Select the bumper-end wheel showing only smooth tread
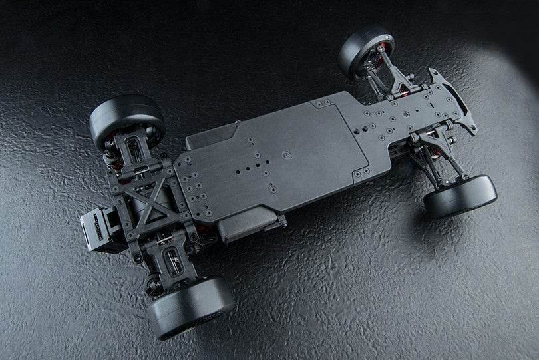[x=460, y=196]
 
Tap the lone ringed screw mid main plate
[x=287, y=155]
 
